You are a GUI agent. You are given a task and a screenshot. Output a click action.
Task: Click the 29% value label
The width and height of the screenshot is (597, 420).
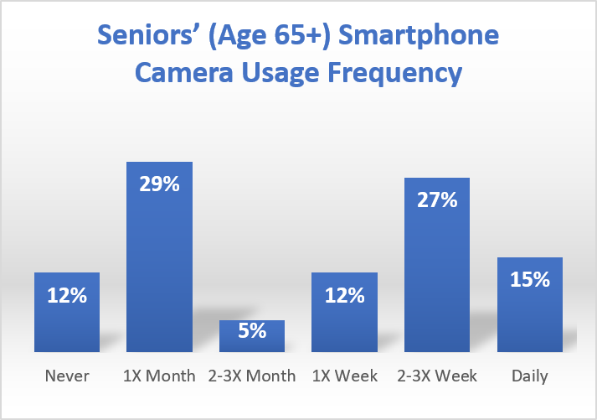click(159, 184)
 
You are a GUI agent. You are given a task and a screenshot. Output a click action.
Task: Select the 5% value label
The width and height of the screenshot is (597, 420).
click(252, 331)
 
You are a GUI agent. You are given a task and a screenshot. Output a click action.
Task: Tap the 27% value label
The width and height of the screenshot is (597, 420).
click(437, 200)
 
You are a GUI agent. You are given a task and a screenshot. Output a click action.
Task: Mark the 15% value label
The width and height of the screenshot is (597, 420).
click(529, 279)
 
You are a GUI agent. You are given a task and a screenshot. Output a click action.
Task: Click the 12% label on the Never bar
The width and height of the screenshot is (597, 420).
click(67, 295)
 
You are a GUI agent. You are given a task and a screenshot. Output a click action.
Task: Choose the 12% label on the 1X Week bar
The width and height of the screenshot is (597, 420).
click(344, 295)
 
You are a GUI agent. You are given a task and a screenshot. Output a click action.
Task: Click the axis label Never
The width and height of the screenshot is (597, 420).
click(67, 376)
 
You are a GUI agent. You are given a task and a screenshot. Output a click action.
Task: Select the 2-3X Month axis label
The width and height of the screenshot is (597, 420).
click(252, 376)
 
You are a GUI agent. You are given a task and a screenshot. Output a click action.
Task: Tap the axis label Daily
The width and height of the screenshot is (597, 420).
click(529, 376)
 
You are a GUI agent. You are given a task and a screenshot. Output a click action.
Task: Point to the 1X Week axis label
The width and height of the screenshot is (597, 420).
click(344, 376)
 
